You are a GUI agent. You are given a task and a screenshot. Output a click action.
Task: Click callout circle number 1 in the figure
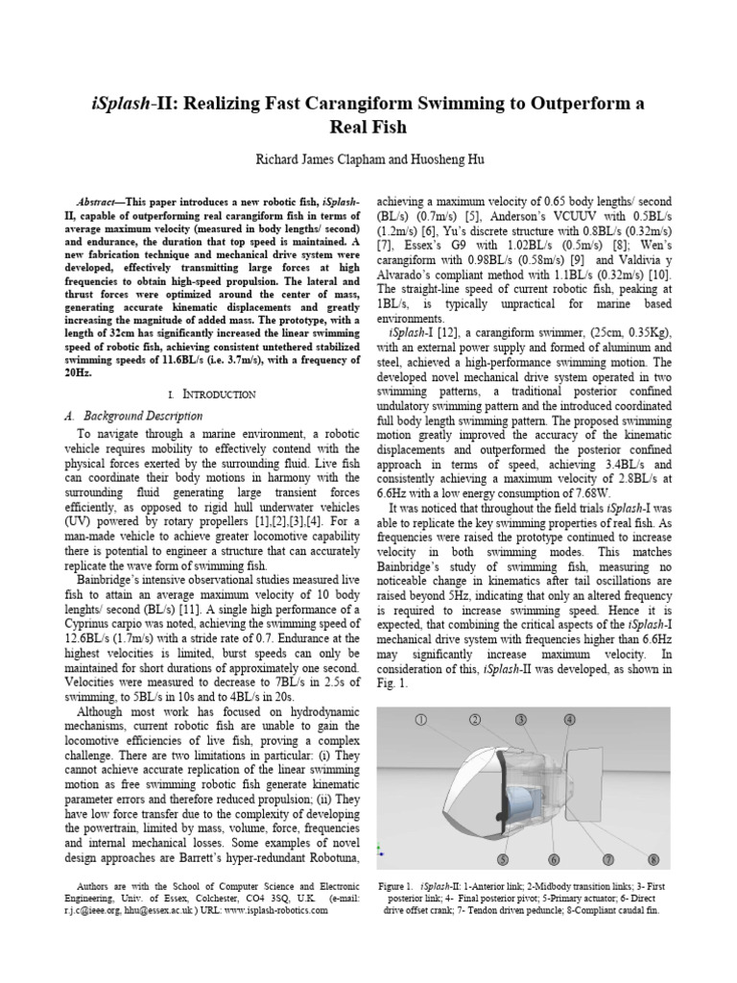tap(419, 719)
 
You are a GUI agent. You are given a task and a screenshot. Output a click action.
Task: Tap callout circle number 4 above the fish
tap(570, 720)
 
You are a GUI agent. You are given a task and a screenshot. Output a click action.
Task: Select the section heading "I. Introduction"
tap(211, 394)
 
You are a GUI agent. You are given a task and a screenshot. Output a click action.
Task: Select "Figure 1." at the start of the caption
tap(394, 883)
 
